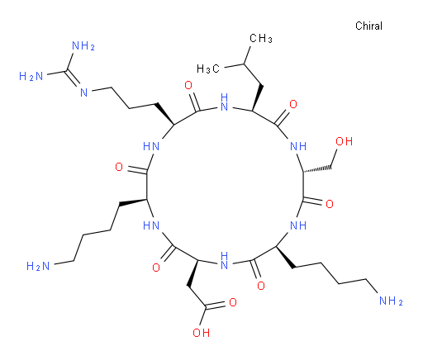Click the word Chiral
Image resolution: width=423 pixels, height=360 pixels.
click(368, 26)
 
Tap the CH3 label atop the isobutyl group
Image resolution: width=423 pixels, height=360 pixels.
click(261, 38)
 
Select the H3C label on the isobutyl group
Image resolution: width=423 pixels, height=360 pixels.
click(208, 69)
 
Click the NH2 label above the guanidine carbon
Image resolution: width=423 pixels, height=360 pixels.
click(83, 45)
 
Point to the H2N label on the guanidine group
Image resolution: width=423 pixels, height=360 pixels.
click(31, 76)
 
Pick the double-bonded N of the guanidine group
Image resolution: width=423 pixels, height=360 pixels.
click(84, 92)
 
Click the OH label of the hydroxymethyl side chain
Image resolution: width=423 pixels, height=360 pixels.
click(344, 141)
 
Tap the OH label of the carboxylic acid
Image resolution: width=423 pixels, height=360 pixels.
click(201, 333)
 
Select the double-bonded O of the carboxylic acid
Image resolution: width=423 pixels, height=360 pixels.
click(233, 302)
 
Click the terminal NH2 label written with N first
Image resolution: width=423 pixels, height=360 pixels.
click(391, 301)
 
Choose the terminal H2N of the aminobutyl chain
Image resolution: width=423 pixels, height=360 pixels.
click(38, 266)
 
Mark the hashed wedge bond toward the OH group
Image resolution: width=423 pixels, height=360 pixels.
click(317, 169)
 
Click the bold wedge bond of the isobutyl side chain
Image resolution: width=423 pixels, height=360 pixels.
click(257, 98)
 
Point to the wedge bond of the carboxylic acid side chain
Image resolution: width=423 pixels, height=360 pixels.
click(193, 272)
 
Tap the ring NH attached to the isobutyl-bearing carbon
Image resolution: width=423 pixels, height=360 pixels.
click(225, 102)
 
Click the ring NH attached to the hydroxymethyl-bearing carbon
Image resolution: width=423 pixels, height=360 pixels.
click(298, 146)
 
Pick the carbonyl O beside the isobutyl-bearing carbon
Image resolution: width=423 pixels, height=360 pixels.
click(293, 104)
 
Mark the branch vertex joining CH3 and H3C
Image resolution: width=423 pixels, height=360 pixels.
click(244, 64)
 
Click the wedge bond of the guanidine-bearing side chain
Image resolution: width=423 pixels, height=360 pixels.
click(164, 114)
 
